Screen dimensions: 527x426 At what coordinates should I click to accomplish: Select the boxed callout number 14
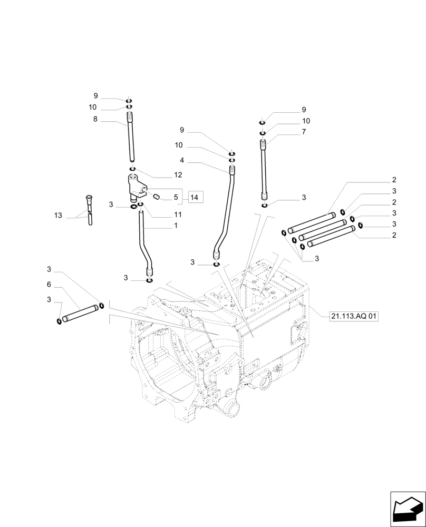[x=195, y=197]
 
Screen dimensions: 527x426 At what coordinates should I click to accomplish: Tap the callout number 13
[x=58, y=216]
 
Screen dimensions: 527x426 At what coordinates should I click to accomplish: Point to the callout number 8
[x=95, y=120]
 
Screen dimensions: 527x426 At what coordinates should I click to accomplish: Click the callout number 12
[x=178, y=174]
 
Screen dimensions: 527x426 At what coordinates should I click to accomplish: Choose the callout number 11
[x=178, y=214]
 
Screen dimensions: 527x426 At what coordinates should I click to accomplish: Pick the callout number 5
[x=176, y=197]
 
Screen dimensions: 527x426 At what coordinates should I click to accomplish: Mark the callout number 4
[x=181, y=160]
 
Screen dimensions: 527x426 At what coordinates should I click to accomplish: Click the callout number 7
[x=304, y=132]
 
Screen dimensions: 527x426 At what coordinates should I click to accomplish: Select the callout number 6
[x=49, y=284]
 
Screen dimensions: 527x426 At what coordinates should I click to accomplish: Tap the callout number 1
[x=176, y=225]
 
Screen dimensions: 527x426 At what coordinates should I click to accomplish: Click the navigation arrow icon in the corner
[x=407, y=509]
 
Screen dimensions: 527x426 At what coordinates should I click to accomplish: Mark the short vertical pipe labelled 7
[x=265, y=169]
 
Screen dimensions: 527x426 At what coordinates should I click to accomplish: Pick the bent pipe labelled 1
[x=143, y=242]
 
